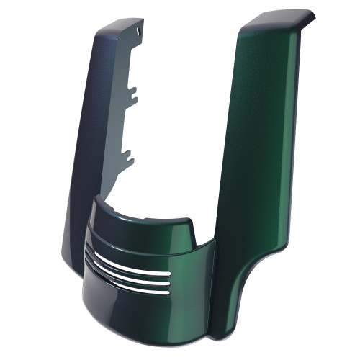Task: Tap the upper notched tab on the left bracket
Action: click(x=133, y=94)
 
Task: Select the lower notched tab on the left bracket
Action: click(x=127, y=153)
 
